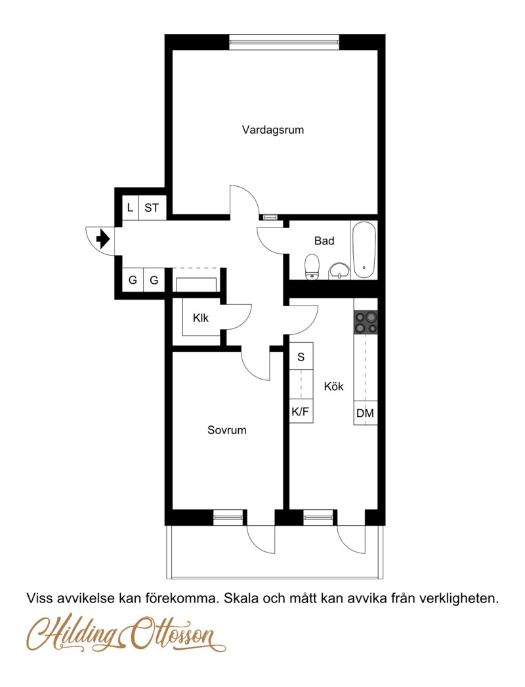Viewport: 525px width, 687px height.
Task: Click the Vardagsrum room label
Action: click(273, 130)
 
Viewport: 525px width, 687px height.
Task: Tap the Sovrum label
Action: click(227, 430)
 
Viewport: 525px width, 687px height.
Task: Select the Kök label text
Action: click(334, 387)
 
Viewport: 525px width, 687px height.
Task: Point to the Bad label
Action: click(324, 241)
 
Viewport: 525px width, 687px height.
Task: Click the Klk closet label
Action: click(200, 318)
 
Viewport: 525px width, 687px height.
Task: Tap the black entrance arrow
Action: click(102, 239)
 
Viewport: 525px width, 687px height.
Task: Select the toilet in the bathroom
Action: click(312, 266)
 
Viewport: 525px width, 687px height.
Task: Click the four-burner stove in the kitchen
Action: click(366, 323)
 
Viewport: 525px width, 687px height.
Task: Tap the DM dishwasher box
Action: click(366, 413)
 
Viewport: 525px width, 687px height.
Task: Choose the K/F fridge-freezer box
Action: click(301, 411)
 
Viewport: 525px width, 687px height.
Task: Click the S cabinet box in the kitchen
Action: click(301, 357)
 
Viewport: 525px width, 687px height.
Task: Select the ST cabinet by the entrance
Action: click(152, 208)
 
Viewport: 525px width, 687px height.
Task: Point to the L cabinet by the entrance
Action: click(130, 208)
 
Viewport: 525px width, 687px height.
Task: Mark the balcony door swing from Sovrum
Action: click(261, 540)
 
